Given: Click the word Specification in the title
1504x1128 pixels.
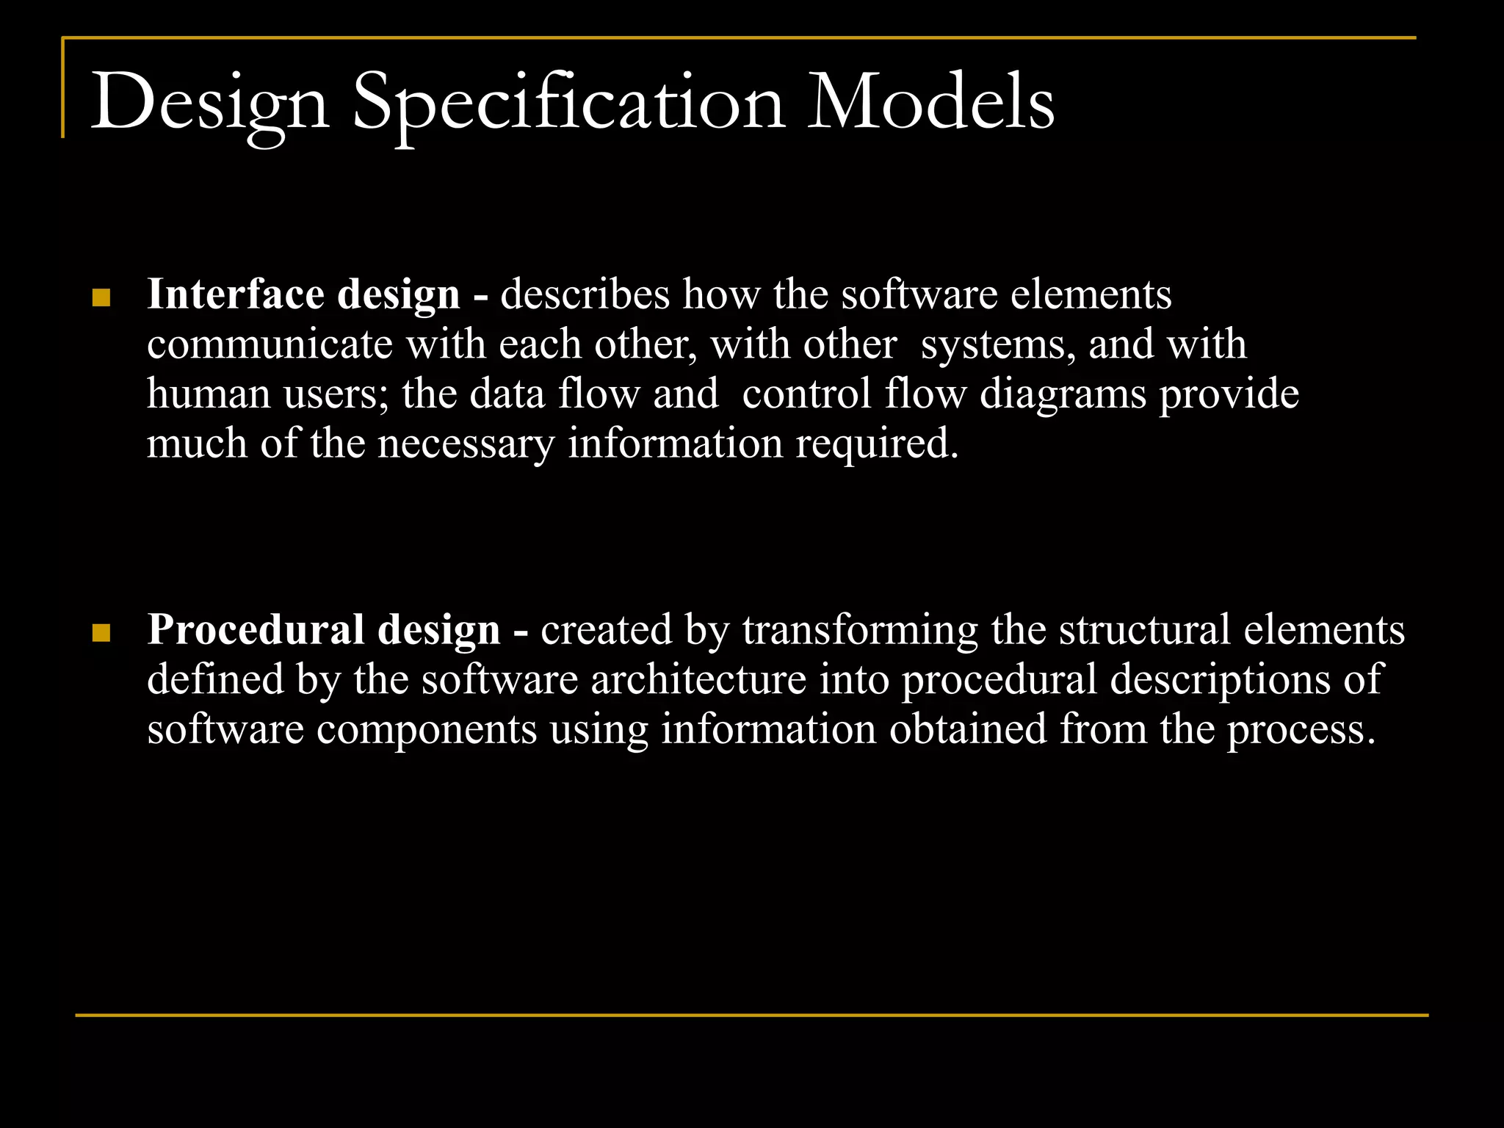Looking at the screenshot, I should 568,104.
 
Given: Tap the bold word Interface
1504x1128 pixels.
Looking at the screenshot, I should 236,294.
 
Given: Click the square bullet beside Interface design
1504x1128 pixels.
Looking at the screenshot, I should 101,297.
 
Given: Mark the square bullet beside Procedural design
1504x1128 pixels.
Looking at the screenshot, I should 101,633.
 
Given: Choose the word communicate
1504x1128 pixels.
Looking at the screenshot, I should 270,344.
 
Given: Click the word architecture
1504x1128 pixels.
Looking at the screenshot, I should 698,679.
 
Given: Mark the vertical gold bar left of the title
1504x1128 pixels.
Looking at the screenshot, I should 63,88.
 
